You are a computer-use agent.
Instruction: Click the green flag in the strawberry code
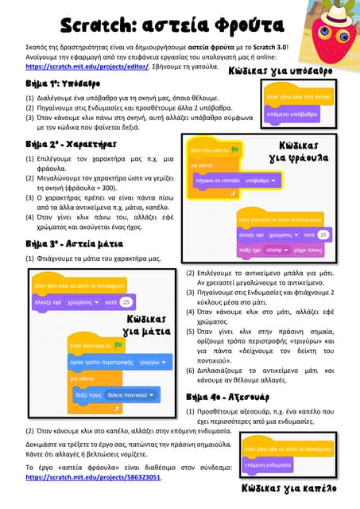point(235,150)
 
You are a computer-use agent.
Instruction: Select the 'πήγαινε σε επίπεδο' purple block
point(215,181)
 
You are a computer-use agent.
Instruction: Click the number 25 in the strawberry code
point(323,235)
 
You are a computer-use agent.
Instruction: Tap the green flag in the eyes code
point(118,346)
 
